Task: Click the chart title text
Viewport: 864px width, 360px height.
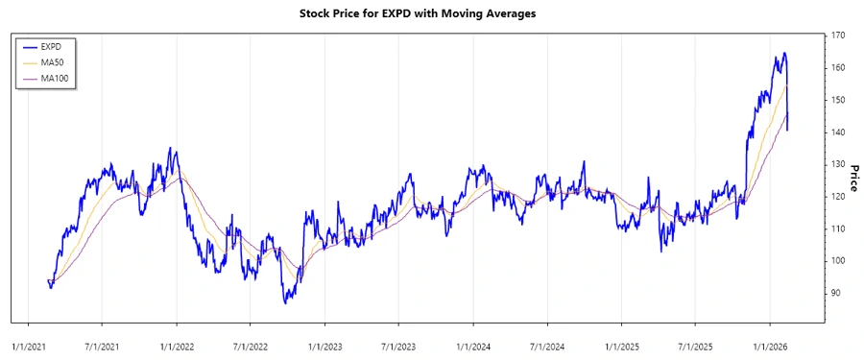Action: (x=431, y=13)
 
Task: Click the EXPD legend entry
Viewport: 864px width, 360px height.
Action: (x=53, y=46)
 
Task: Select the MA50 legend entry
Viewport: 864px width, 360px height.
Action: (x=53, y=62)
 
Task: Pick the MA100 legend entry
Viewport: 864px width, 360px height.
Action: (x=56, y=78)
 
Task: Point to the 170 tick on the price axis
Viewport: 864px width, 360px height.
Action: (x=838, y=36)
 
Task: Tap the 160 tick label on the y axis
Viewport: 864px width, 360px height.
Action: (x=838, y=68)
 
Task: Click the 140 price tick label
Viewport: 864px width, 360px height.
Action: (x=838, y=132)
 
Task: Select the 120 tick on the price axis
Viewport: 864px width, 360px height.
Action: (x=838, y=197)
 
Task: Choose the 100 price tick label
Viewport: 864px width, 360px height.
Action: (x=838, y=260)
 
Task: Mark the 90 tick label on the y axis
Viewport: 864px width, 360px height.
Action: (x=836, y=293)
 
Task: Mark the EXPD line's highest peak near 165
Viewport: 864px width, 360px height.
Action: (x=784, y=53)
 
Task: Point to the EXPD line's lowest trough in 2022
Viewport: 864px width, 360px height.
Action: (x=285, y=302)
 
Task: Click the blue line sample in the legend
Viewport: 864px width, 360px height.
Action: (x=29, y=46)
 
